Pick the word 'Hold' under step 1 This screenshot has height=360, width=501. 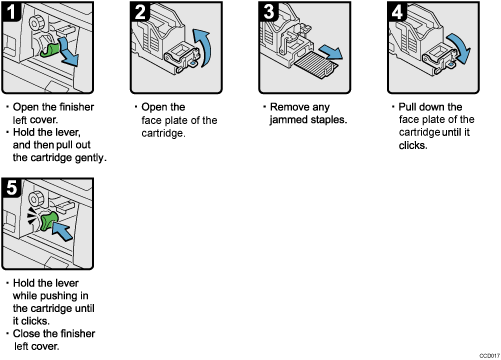(x=28, y=132)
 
